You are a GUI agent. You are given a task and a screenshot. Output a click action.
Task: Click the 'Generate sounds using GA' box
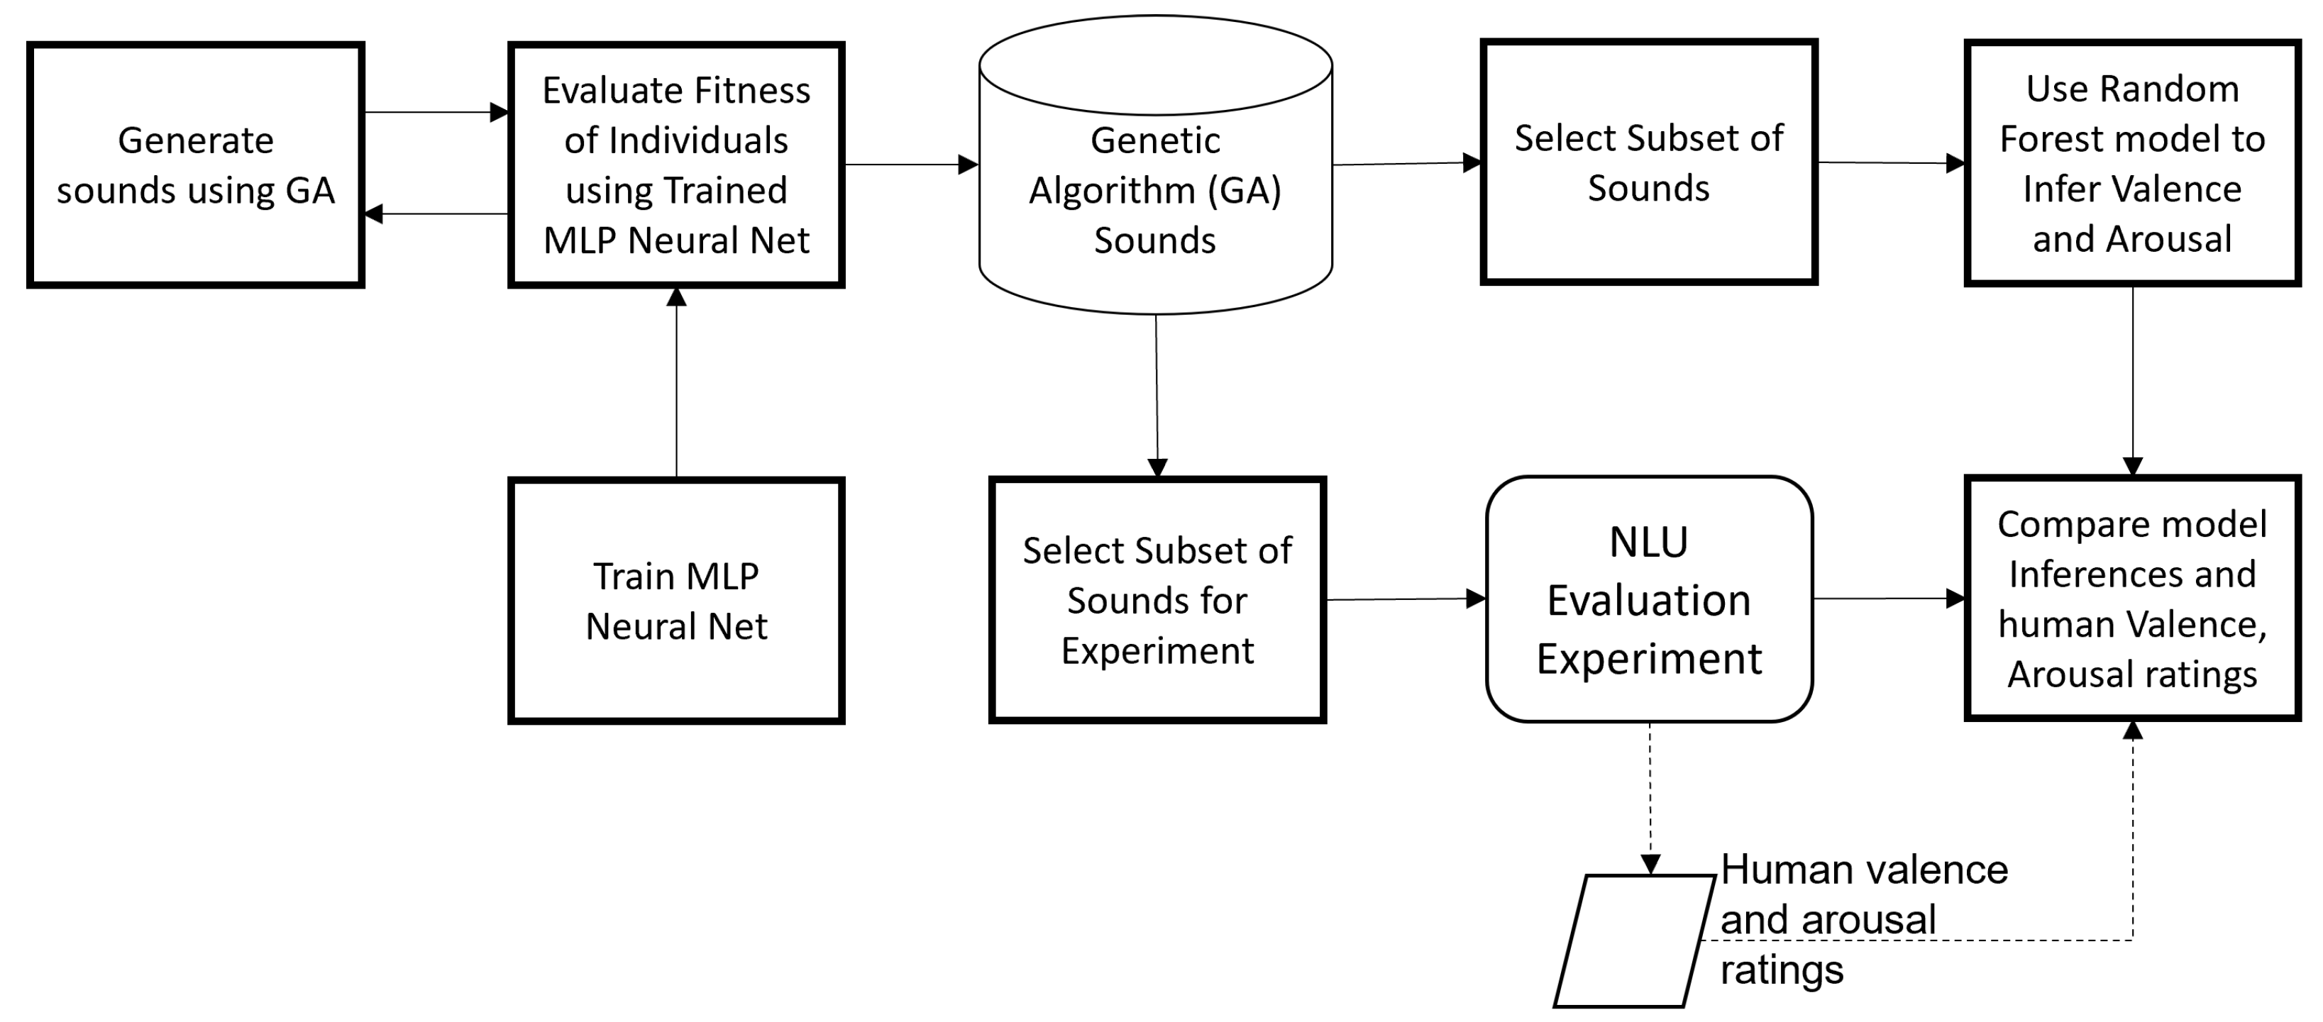click(x=196, y=165)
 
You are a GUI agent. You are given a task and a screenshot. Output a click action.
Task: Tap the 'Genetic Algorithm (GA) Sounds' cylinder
click(x=1155, y=189)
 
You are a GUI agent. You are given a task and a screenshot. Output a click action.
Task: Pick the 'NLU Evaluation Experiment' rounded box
click(x=1650, y=599)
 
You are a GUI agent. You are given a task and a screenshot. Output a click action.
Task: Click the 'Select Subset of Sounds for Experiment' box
click(x=1157, y=599)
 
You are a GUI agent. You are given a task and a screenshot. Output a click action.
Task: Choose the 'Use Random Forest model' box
click(x=2132, y=163)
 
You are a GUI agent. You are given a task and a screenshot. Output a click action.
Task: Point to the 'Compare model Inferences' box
click(x=2132, y=599)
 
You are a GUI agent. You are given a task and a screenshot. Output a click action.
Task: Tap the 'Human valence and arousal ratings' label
click(x=1863, y=919)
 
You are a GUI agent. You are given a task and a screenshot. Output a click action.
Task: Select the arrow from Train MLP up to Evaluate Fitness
click(x=676, y=383)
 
